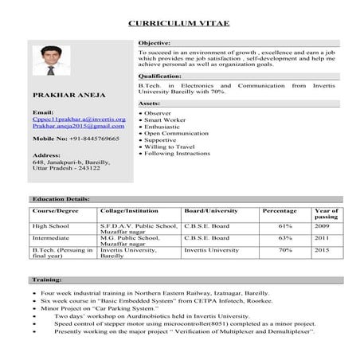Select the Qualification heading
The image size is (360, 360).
[159, 76]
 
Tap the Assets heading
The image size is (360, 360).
[150, 104]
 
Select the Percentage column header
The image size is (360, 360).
[280, 211]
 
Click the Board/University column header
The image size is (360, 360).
[211, 211]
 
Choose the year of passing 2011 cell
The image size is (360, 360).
[322, 237]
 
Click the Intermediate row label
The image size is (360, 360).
[50, 237]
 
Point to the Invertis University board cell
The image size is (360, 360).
[211, 250]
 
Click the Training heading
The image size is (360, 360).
[46, 280]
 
